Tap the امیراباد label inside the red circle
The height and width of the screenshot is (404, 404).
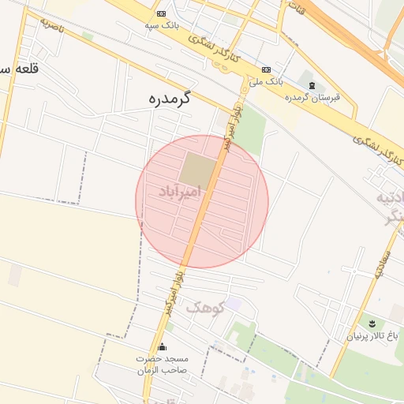coord(180,192)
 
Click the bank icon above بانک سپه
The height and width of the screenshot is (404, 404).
coord(162,14)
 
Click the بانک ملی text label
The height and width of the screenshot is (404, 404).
coord(265,81)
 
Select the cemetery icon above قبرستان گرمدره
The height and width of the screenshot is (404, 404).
coord(312,85)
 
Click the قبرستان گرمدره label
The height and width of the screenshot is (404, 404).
coord(312,97)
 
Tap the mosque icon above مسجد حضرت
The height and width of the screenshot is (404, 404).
coord(163,346)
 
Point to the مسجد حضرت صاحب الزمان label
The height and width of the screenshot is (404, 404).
coord(163,364)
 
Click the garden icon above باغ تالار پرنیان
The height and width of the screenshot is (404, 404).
coord(370,324)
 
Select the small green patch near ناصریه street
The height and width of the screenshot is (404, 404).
coord(88,36)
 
